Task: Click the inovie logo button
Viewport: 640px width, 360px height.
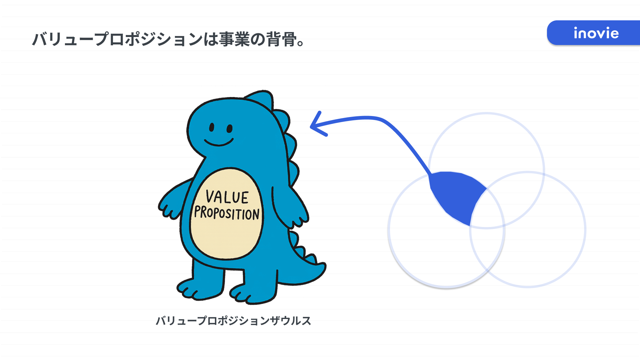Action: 593,33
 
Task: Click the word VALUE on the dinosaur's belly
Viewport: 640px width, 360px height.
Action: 227,197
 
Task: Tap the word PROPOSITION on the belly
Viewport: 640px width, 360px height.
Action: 227,213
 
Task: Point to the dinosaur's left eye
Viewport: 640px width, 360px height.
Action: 212,127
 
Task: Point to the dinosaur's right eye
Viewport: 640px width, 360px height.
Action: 229,128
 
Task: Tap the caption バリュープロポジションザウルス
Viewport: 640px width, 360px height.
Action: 233,321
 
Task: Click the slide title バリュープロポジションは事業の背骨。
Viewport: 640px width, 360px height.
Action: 168,39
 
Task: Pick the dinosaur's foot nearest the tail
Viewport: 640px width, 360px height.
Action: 253,293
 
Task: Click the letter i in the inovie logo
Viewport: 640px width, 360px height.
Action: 576,33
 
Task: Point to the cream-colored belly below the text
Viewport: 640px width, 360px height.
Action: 227,240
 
